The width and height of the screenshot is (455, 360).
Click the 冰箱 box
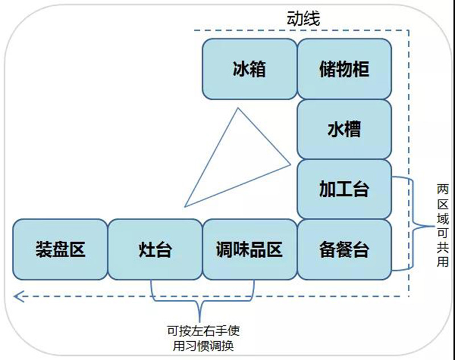pos(250,69)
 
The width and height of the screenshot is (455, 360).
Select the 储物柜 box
pos(345,69)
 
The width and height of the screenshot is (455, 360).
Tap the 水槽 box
pos(345,130)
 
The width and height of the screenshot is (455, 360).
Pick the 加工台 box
pos(345,189)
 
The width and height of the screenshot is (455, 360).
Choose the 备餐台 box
pos(345,249)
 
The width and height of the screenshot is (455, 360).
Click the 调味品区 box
pos(250,249)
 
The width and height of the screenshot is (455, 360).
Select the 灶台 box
pos(155,249)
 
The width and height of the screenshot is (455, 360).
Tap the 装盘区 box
pos(60,249)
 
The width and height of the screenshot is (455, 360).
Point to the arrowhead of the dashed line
pos(18,295)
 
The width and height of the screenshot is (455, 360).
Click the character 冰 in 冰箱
pos(241,69)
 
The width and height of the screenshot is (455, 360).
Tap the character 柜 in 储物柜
pos(361,69)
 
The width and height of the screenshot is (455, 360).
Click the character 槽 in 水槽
pos(353,130)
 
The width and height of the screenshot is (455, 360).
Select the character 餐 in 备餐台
pos(345,249)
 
